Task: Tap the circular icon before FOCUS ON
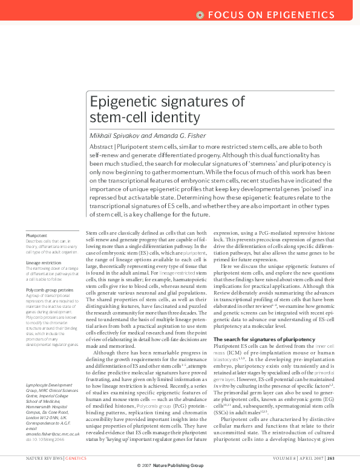coord(200,14)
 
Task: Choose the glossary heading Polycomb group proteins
coord(49,290)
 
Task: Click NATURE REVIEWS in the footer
coord(44,458)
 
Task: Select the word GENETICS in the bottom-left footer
coord(76,458)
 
